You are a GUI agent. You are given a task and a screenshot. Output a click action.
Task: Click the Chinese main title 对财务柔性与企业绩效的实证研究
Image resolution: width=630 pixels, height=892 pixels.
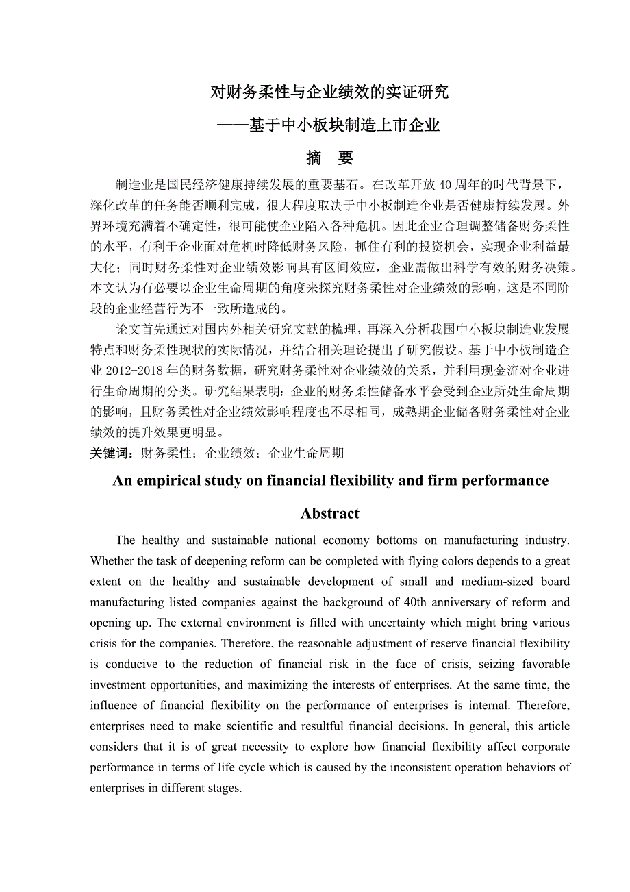pyautogui.click(x=329, y=92)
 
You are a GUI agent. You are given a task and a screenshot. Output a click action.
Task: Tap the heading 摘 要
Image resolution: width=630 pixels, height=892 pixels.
pyautogui.click(x=329, y=158)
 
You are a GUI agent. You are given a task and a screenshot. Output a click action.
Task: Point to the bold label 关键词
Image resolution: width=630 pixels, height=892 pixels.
pyautogui.click(x=112, y=453)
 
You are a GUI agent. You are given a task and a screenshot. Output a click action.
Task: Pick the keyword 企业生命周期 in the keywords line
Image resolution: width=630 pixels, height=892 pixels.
pyautogui.click(x=306, y=453)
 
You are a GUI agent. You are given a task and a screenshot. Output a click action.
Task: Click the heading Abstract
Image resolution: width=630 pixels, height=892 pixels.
pyautogui.click(x=329, y=514)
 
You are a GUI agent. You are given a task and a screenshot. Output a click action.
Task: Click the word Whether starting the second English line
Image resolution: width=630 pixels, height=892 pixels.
pyautogui.click(x=113, y=561)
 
